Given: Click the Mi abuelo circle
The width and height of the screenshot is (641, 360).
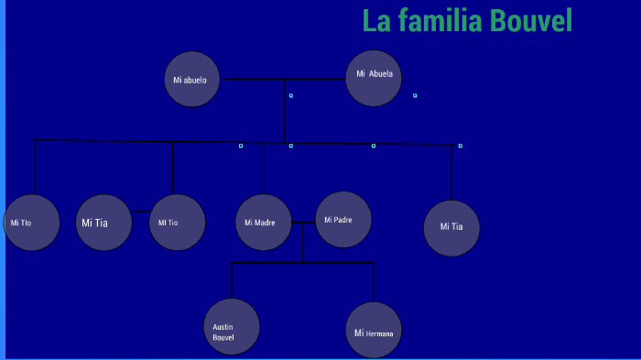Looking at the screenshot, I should point(192,80).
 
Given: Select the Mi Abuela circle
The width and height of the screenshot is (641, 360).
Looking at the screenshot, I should point(375,78).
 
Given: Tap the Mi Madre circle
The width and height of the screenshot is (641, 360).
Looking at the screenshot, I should point(264,223).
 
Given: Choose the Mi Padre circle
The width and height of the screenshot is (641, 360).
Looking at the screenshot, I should point(343,219).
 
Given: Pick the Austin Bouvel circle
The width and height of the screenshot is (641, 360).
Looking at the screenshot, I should point(232,327).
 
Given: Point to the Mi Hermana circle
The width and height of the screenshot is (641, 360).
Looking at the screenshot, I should point(374,330).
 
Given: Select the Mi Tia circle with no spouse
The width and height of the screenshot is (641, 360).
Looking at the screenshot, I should point(451,228).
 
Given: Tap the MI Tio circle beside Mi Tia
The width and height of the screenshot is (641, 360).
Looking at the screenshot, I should point(177,223).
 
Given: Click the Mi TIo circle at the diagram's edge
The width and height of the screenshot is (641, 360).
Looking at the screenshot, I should point(31,223).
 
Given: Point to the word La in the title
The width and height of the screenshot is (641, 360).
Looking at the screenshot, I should point(375,20).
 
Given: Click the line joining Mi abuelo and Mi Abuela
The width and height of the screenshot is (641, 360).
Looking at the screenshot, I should point(283,80).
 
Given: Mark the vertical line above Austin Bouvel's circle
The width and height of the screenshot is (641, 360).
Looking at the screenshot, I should point(231,280).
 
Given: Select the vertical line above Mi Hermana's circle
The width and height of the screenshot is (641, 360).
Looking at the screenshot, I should point(374,282).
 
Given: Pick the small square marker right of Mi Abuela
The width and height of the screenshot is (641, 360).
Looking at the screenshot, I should point(415,95).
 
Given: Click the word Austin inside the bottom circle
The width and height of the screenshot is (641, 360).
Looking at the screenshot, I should point(223,327).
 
